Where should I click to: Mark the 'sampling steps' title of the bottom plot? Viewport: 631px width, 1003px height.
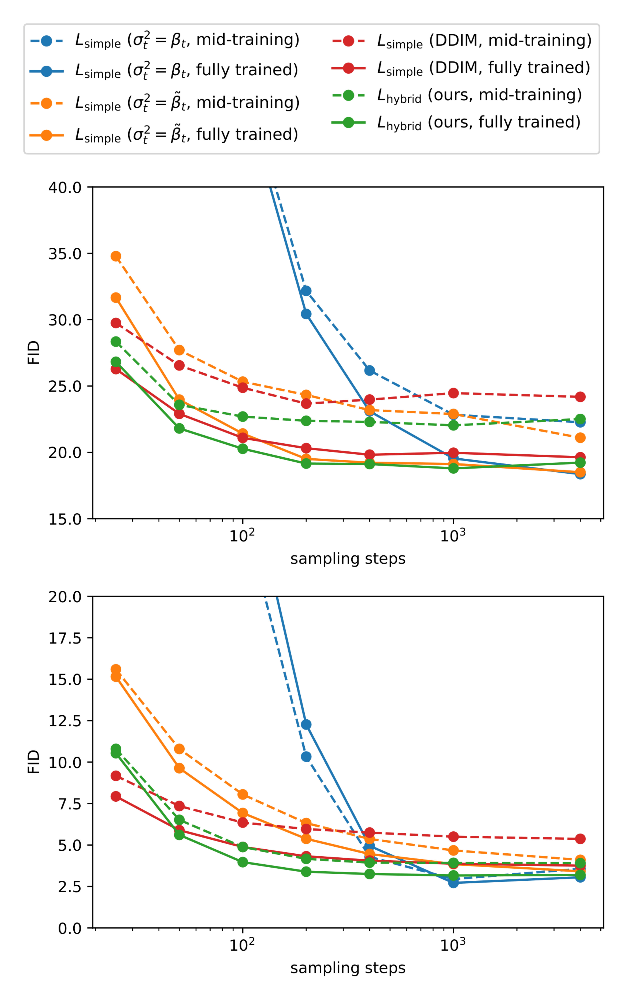[x=348, y=968]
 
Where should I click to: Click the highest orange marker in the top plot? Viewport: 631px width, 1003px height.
[x=116, y=256]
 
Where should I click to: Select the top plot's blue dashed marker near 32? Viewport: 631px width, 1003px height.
[x=306, y=291]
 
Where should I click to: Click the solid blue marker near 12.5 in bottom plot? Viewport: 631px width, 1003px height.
[x=306, y=724]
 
